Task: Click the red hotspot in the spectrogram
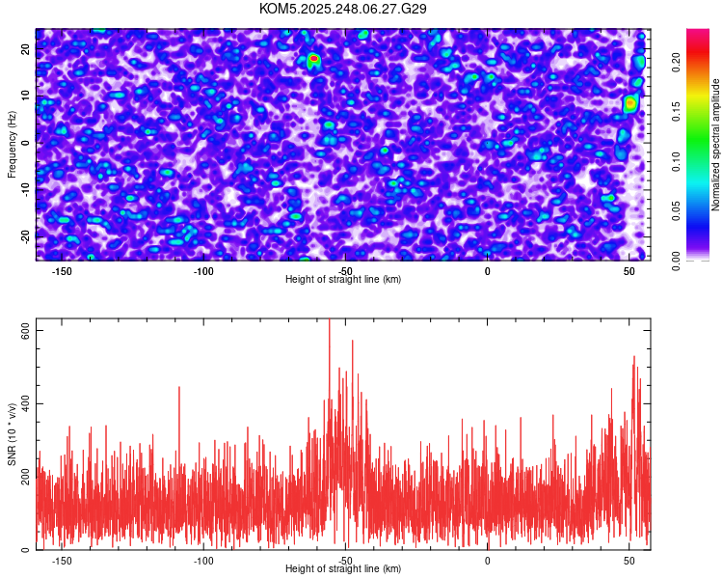[313, 59]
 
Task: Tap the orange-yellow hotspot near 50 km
[630, 102]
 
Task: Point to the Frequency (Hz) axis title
[12, 144]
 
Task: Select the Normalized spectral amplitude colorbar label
[716, 145]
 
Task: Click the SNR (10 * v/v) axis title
[12, 434]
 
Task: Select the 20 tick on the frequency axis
[26, 47]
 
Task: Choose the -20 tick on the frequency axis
[24, 236]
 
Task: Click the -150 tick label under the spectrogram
[62, 271]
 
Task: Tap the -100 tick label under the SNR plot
[203, 561]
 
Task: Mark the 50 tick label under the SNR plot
[629, 561]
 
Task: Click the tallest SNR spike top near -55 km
[330, 321]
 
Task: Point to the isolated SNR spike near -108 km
[179, 388]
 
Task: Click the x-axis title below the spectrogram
[343, 280]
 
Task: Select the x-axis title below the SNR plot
[343, 569]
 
